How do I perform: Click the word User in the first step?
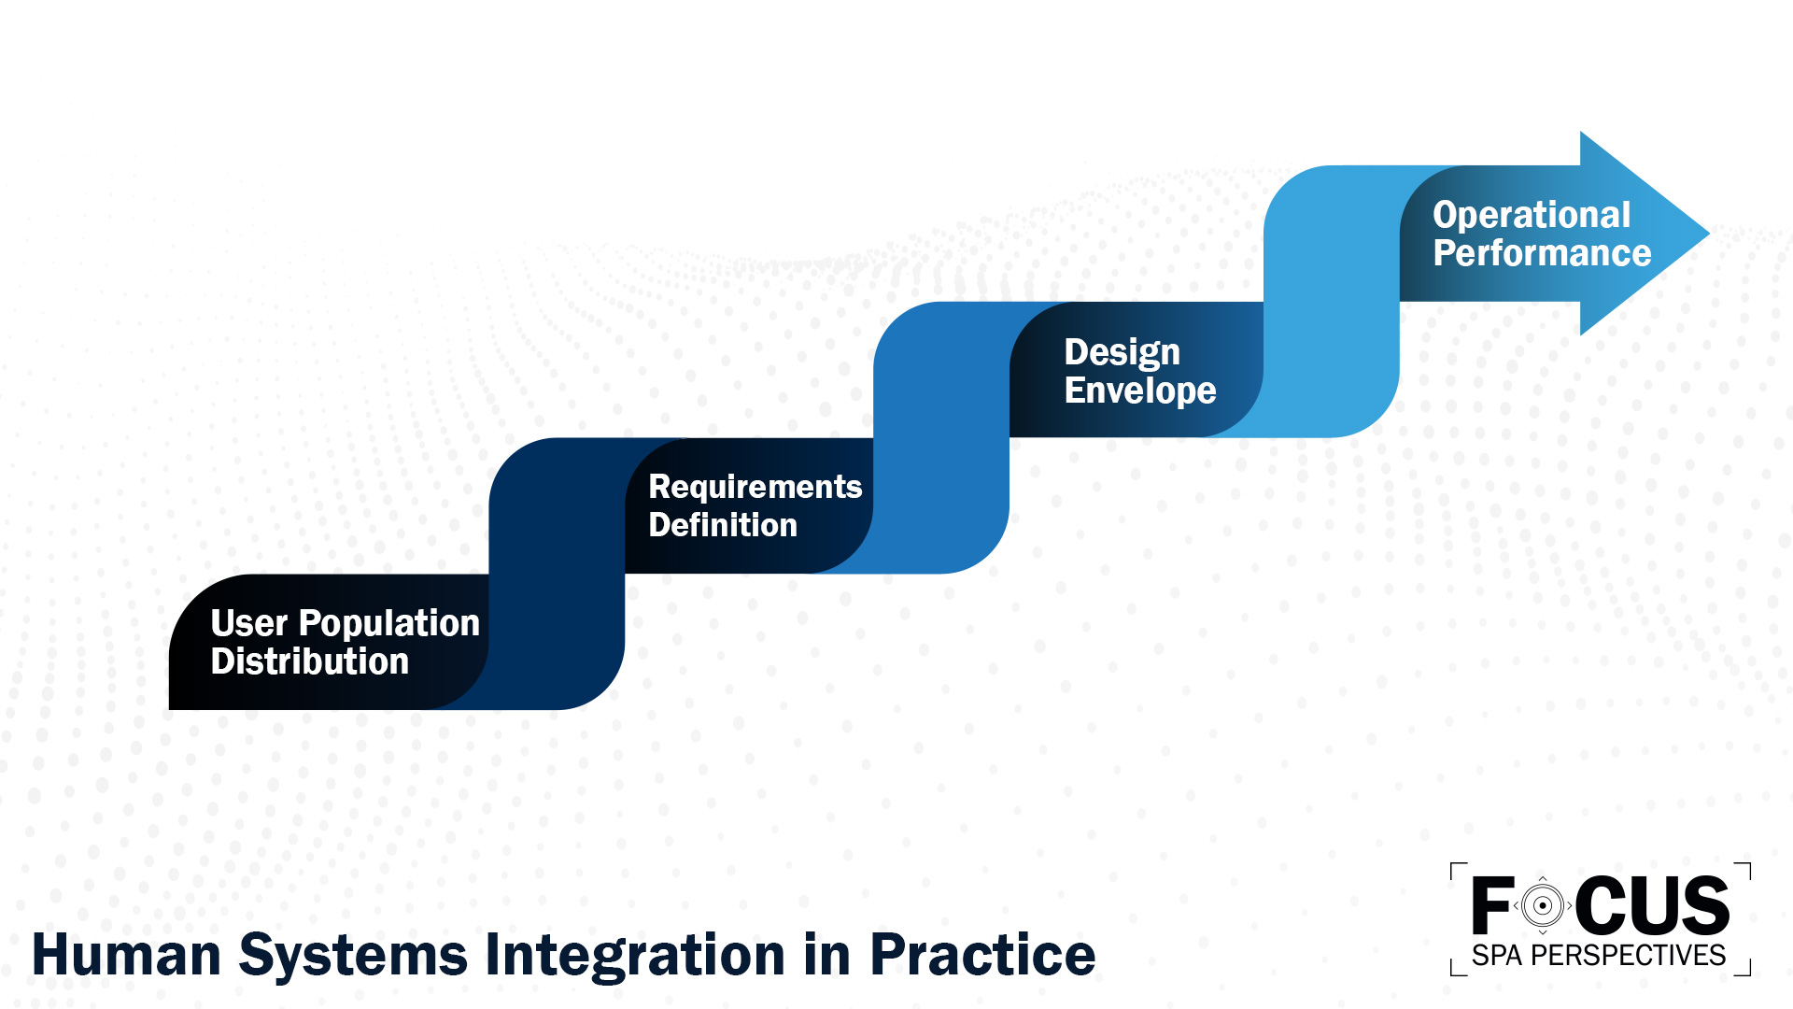click(248, 623)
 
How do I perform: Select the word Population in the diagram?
click(388, 623)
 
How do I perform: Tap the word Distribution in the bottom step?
click(309, 661)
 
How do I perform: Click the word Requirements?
click(755, 487)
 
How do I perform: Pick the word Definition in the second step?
click(723, 525)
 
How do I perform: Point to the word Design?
click(1122, 352)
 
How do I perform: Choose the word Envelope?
click(1139, 391)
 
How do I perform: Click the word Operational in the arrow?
click(1532, 215)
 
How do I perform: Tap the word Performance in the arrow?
click(1542, 253)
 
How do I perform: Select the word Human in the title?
click(125, 955)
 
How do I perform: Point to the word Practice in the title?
click(981, 955)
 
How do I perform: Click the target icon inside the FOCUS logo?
click(1542, 905)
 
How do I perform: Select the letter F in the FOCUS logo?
click(1491, 905)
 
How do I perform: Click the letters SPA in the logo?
click(1497, 956)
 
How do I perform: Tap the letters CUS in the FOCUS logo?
click(1652, 905)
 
